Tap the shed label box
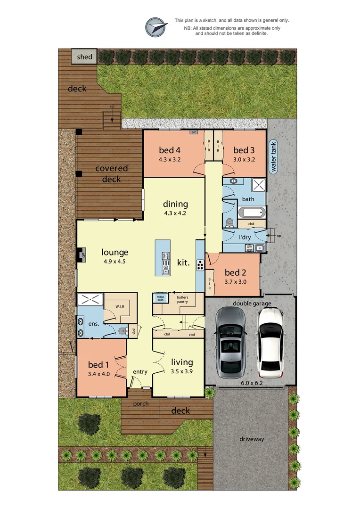tap(85, 57)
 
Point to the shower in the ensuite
tap(90, 299)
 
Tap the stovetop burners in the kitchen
tap(200, 265)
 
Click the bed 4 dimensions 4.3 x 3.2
tap(170, 159)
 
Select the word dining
tap(175, 204)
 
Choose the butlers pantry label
tap(182, 299)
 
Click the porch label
tap(140, 404)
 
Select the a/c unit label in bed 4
tap(194, 132)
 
